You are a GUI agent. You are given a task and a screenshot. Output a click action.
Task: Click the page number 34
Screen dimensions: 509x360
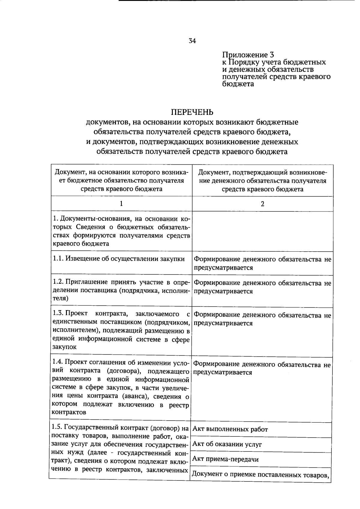pyautogui.click(x=192, y=41)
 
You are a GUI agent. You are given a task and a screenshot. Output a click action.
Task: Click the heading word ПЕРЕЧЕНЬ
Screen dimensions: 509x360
pyautogui.click(x=192, y=112)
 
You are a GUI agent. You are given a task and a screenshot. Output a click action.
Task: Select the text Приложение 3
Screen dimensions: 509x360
pyautogui.click(x=248, y=55)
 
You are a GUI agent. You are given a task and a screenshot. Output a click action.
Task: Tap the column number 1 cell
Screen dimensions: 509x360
pyautogui.click(x=121, y=204)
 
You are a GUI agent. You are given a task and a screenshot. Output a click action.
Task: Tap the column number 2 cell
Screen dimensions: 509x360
pyautogui.click(x=262, y=204)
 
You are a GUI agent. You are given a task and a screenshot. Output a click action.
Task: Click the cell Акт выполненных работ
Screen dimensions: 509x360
pyautogui.click(x=230, y=429)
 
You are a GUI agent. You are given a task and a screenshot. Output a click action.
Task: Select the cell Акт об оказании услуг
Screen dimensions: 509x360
pyautogui.click(x=227, y=444)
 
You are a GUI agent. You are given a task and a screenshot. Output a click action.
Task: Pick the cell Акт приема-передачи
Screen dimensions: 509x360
pyautogui.click(x=225, y=459)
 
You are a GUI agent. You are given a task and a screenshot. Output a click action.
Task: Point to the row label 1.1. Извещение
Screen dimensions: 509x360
pyautogui.click(x=119, y=259)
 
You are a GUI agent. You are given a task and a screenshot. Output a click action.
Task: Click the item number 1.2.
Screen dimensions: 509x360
pyautogui.click(x=58, y=282)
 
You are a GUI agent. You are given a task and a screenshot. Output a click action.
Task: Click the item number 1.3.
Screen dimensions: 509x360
pyautogui.click(x=58, y=313)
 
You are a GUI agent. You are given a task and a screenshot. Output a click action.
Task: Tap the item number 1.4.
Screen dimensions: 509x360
pyautogui.click(x=58, y=363)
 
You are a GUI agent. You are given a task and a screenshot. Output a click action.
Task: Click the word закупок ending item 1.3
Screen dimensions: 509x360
pyautogui.click(x=64, y=347)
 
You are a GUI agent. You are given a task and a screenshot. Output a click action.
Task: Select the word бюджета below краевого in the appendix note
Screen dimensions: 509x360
pyautogui.click(x=238, y=84)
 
